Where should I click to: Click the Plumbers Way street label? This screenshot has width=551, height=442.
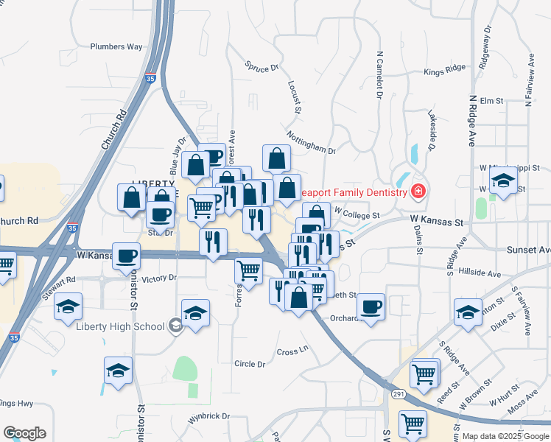(x=116, y=46)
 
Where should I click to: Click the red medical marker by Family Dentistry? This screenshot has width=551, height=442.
(x=418, y=192)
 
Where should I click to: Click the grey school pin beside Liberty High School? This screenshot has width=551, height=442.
(x=175, y=326)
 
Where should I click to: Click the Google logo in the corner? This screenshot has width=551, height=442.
(x=24, y=433)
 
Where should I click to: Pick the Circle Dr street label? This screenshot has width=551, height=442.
(x=250, y=364)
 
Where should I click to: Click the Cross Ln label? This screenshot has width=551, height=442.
(x=292, y=351)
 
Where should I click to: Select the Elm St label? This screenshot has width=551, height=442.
(x=491, y=100)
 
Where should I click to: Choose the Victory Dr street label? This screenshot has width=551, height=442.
(x=160, y=278)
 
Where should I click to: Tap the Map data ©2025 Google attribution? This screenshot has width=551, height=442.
(x=505, y=436)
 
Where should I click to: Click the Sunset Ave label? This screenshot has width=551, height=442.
(x=528, y=250)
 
